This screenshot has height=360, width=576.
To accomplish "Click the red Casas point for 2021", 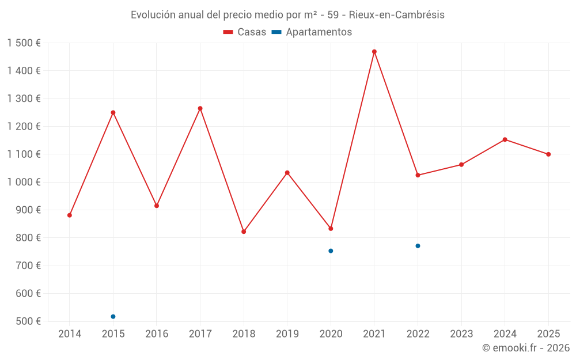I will (x=374, y=52).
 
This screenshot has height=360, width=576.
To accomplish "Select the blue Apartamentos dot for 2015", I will (x=113, y=317).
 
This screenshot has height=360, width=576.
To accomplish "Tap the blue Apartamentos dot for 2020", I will (x=331, y=251).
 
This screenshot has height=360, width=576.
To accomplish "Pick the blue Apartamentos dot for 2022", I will (x=418, y=246).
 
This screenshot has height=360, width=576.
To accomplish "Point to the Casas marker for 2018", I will (x=244, y=232).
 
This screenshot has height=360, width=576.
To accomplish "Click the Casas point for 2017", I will (x=200, y=108).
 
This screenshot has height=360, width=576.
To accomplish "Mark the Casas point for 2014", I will (x=70, y=215).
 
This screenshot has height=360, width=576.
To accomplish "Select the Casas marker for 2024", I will (x=505, y=139).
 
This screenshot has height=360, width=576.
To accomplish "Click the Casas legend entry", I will (x=245, y=32).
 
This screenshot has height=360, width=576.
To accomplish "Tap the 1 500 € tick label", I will (x=24, y=43).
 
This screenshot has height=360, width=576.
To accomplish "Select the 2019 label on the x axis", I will (x=287, y=334).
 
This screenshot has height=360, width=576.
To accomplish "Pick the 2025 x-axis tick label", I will (x=548, y=334).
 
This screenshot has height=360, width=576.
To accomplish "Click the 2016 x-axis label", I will (x=157, y=334).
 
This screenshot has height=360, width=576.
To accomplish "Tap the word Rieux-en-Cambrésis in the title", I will (x=396, y=15).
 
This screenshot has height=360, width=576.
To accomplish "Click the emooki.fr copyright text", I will (x=525, y=348).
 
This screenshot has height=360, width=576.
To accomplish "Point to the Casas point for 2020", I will (x=331, y=229).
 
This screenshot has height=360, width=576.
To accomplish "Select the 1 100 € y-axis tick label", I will (x=24, y=154).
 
